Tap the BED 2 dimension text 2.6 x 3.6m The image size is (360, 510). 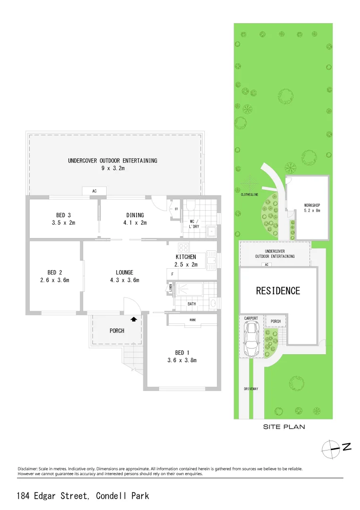[55, 280]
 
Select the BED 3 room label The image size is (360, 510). [63, 215]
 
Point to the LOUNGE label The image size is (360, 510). [125, 272]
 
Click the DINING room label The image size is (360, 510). [135, 215]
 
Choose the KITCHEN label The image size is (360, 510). [186, 257]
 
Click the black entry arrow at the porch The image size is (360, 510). [134, 319]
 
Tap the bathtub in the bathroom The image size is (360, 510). [189, 289]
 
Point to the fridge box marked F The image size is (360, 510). [172, 274]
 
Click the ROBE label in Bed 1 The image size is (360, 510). [193, 320]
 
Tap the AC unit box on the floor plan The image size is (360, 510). [94, 191]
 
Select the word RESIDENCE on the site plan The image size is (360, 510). [278, 291]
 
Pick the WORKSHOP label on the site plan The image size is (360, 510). [312, 205]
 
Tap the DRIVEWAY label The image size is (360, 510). [251, 389]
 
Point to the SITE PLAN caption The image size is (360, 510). [283, 427]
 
